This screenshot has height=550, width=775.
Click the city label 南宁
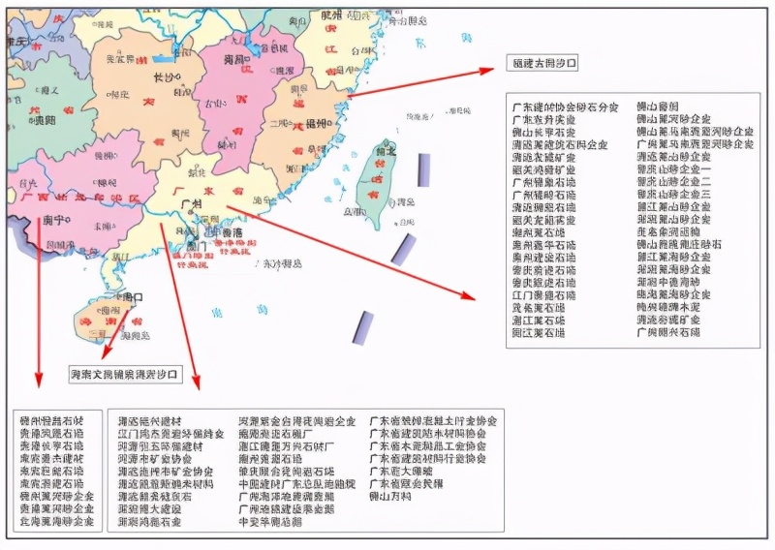coord(52,220)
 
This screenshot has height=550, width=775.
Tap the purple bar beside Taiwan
coord(423,169)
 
